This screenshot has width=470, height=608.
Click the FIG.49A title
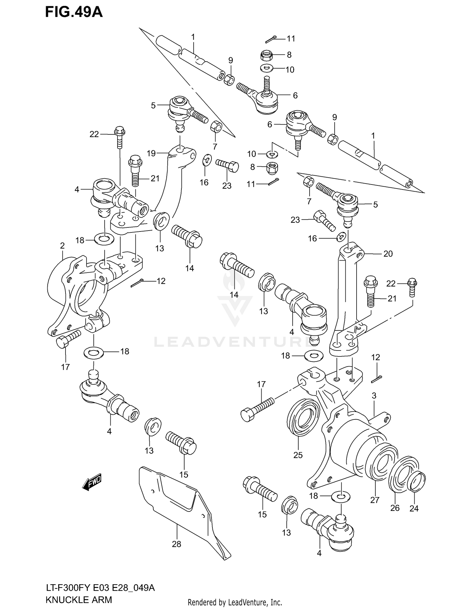(x=74, y=13)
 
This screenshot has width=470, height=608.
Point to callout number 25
(x=298, y=455)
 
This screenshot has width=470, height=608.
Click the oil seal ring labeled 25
(x=302, y=417)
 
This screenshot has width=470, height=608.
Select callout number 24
(x=414, y=508)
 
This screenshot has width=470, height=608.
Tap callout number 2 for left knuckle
(x=62, y=246)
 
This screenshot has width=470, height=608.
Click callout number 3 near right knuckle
(x=374, y=396)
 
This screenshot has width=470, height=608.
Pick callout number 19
(x=151, y=153)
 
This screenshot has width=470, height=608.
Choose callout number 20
(x=388, y=254)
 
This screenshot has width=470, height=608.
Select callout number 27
(x=375, y=500)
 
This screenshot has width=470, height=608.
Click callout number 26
(x=395, y=508)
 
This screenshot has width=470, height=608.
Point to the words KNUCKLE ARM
(x=79, y=600)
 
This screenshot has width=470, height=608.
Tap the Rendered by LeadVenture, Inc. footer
(x=235, y=602)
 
